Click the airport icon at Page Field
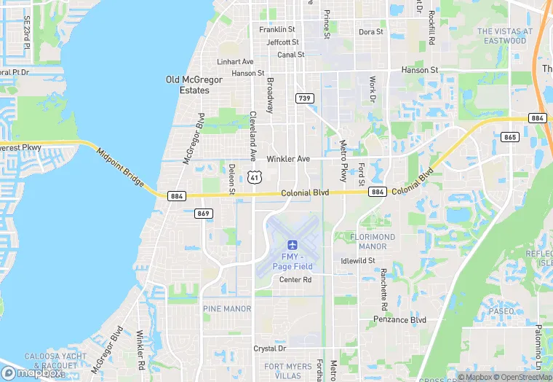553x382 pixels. coord(293,243)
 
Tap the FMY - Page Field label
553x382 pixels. coord(293,261)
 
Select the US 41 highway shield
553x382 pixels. coord(253,177)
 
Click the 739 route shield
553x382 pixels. coord(304,98)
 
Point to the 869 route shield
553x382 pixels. coord(204,214)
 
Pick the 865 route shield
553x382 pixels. coord(509,137)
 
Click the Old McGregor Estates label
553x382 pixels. coord(188,85)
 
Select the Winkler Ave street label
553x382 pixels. coord(288,159)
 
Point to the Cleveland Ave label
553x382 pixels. coord(253,136)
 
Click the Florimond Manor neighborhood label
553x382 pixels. coord(373,241)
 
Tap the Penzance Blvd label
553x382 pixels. coord(399,319)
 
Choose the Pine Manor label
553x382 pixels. coord(227,309)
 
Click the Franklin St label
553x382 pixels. coord(277,30)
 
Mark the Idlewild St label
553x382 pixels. coord(357,260)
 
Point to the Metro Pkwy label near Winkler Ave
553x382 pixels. coord(343,160)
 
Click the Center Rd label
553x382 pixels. coord(295,280)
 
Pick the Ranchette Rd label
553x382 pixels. coord(383,286)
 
